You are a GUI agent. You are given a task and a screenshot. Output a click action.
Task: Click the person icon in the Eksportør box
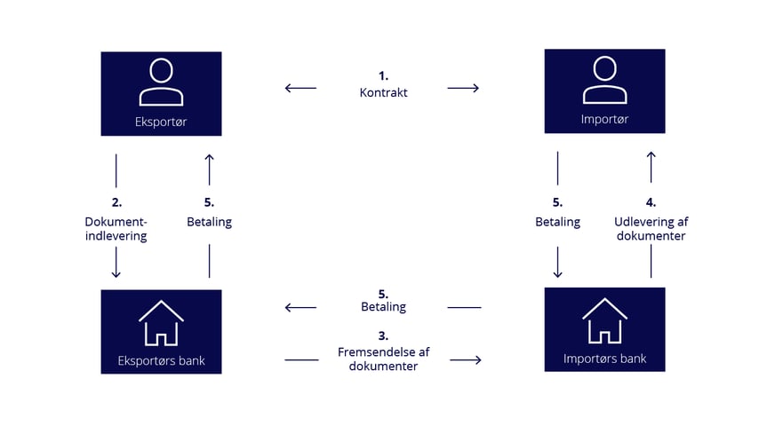161,83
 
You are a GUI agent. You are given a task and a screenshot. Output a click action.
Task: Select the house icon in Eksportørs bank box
161,323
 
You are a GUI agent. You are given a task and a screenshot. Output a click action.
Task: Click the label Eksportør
161,122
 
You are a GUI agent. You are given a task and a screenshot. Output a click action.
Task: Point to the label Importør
604,119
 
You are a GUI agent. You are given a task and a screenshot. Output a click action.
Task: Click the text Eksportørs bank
161,361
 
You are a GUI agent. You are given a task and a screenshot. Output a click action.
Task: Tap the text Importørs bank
604,359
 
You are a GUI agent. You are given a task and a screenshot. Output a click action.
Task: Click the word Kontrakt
383,92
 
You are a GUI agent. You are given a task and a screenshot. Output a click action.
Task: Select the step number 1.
383,76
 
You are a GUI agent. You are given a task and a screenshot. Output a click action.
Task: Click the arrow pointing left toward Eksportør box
300,88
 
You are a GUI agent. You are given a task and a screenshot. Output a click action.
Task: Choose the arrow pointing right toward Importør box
464,88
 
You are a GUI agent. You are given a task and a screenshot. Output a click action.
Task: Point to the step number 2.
116,202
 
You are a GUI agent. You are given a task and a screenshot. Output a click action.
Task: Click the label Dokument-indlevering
116,229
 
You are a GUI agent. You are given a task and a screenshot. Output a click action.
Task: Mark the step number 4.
650,202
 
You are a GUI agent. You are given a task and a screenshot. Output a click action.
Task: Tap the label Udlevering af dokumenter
650,229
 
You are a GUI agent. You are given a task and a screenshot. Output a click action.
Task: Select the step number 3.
383,335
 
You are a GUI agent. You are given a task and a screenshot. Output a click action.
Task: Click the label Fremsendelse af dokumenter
383,358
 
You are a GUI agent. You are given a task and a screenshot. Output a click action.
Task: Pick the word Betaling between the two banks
383,307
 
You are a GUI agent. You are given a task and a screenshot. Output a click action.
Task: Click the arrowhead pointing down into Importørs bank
557,273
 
